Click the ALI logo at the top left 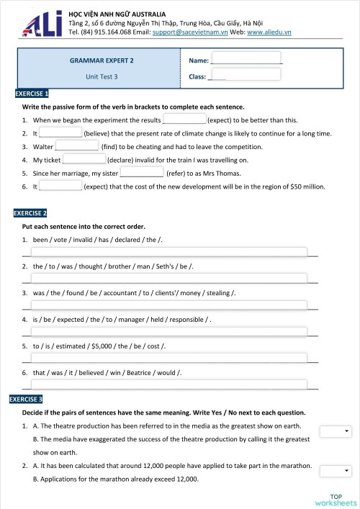pyautogui.click(x=35, y=24)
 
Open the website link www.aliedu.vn pyautogui.click(x=269, y=32)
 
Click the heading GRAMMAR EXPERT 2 pyautogui.click(x=102, y=61)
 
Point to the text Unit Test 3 pyautogui.click(x=102, y=76)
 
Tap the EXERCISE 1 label pyautogui.click(x=31, y=94)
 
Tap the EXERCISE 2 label pyautogui.click(x=31, y=213)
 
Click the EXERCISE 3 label pyautogui.click(x=26, y=399)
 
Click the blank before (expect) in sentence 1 pyautogui.click(x=185, y=120)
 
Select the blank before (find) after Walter pyautogui.click(x=77, y=146)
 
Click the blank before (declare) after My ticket pyautogui.click(x=84, y=159)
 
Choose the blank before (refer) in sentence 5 pyautogui.click(x=141, y=173)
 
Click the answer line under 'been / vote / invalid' pyautogui.click(x=166, y=251)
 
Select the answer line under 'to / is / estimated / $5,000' pyautogui.click(x=166, y=358)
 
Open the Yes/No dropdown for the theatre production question pyautogui.click(x=335, y=431)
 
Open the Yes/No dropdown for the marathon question pyautogui.click(x=335, y=471)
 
